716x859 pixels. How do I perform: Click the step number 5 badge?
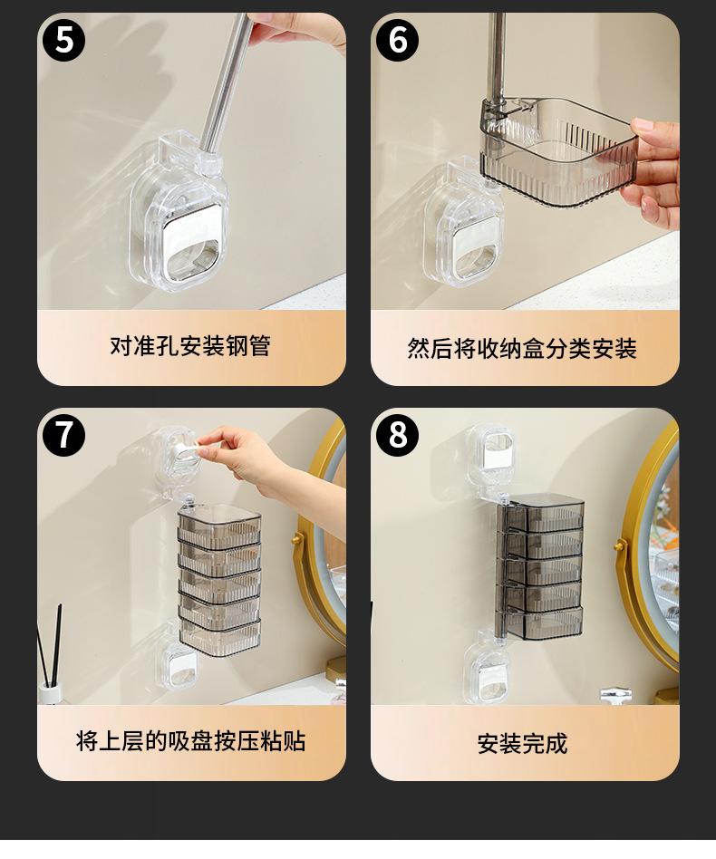(x=63, y=40)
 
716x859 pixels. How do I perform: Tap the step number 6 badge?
(x=397, y=40)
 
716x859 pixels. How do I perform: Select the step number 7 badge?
(x=63, y=435)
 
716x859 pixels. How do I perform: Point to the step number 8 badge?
(x=397, y=435)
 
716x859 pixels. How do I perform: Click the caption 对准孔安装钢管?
(x=190, y=346)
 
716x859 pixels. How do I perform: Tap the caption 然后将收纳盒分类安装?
(x=521, y=349)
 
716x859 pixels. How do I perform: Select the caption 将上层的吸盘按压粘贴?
(x=190, y=741)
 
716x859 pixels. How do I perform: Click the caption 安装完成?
(x=522, y=743)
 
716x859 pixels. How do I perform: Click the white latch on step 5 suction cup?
(x=194, y=239)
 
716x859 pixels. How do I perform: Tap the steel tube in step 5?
(x=225, y=82)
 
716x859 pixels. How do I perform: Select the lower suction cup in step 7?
(x=177, y=664)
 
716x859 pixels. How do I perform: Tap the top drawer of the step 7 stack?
(x=219, y=525)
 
